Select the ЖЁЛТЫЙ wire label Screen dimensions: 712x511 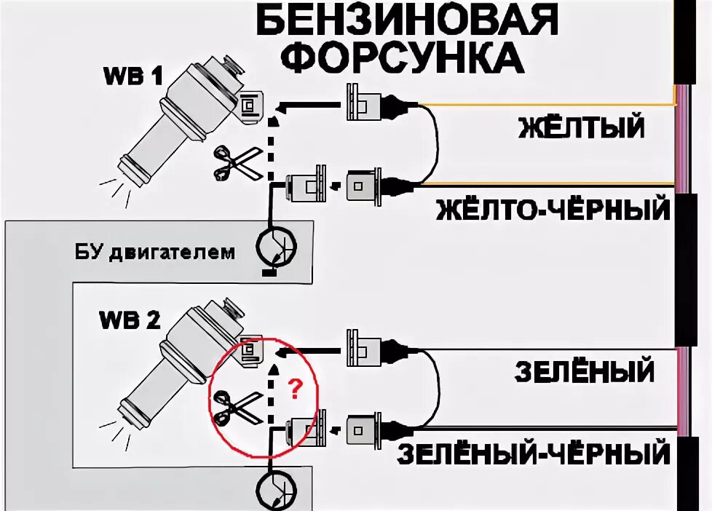pyautogui.click(x=582, y=128)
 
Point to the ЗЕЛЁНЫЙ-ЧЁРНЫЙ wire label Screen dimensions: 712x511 pyautogui.click(x=534, y=454)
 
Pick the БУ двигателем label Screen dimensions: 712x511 pyautogui.click(x=155, y=253)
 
